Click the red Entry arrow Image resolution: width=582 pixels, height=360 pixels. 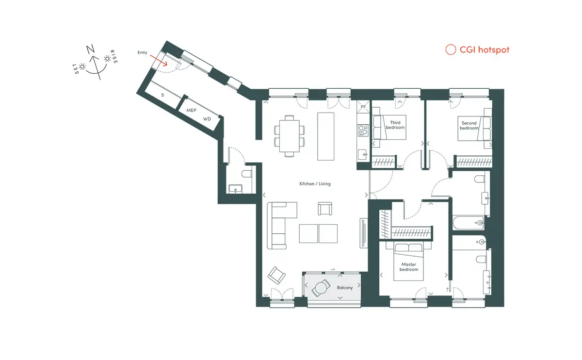[159, 60]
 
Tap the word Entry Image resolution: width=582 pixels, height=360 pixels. [142, 52]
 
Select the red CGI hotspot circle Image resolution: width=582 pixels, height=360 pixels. [451, 49]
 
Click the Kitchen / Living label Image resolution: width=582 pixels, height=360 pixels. [315, 183]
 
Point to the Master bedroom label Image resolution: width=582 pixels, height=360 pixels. [409, 267]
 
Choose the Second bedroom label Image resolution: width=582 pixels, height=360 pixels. [469, 126]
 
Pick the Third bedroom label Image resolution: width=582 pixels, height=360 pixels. [395, 125]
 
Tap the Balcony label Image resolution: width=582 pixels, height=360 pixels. [345, 288]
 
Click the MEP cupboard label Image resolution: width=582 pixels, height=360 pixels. [191, 110]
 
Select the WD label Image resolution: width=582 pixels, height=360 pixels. [207, 119]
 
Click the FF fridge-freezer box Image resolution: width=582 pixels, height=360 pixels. [363, 107]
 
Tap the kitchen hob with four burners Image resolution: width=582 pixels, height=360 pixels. [363, 131]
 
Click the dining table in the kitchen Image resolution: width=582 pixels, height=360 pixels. [289, 136]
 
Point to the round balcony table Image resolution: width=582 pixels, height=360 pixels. [321, 288]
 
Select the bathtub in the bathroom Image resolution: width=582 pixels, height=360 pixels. [468, 223]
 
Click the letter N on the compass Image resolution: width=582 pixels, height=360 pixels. [90, 49]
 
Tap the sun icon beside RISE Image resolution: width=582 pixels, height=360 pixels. [107, 59]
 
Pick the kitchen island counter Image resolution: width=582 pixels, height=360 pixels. [325, 136]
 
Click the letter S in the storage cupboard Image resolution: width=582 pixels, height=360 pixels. [162, 95]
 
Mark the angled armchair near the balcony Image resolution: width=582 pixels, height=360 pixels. [276, 275]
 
